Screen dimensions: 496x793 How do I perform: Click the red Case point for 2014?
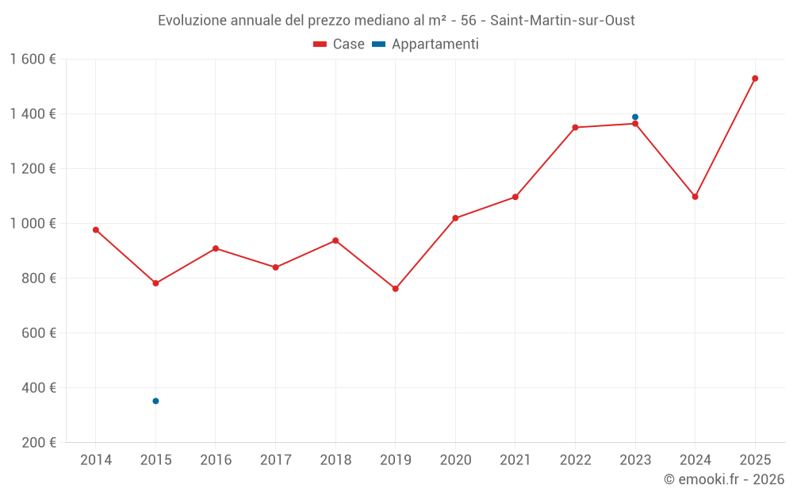(x=96, y=230)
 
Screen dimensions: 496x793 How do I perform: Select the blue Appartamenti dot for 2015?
(x=155, y=401)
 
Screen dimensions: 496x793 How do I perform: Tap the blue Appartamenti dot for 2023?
(x=635, y=117)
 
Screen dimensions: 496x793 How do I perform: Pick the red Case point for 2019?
(x=396, y=289)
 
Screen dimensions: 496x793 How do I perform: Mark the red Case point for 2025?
(x=755, y=79)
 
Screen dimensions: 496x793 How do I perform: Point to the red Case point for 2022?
(x=575, y=127)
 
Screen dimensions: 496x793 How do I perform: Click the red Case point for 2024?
(x=695, y=197)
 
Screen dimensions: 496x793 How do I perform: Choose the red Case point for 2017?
(x=276, y=267)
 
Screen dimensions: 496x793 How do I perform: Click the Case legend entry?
(x=339, y=44)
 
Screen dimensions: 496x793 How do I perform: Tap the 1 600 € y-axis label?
(x=33, y=60)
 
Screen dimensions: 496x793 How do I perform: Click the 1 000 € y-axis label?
(x=33, y=224)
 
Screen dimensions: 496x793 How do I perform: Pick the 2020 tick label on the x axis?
(x=455, y=460)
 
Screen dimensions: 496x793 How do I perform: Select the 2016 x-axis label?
(x=216, y=460)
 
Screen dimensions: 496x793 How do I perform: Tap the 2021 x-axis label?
(x=515, y=460)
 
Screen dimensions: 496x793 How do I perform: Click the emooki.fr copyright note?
(x=723, y=479)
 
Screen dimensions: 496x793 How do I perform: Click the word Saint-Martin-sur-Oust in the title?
(x=562, y=21)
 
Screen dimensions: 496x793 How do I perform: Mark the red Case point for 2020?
(x=455, y=218)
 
